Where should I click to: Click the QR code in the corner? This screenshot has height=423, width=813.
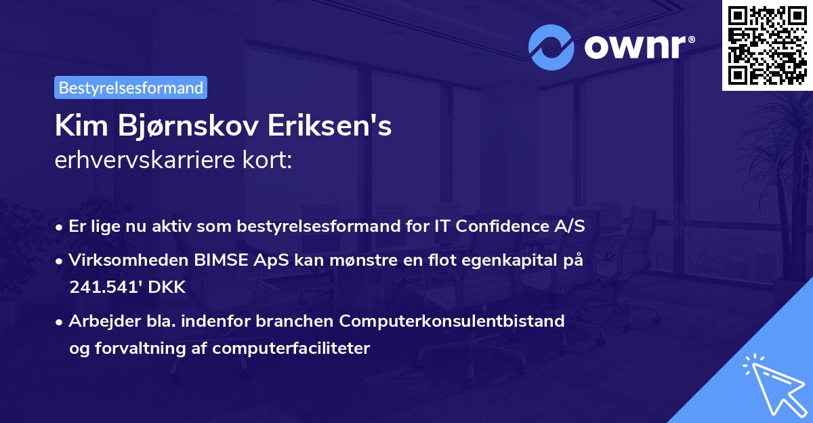(767, 45)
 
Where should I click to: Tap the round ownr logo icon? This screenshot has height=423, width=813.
(551, 47)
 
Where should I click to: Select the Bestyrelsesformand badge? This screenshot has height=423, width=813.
(131, 87)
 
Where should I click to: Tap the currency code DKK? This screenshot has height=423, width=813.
(168, 287)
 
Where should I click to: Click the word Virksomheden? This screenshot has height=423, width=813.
(119, 260)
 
